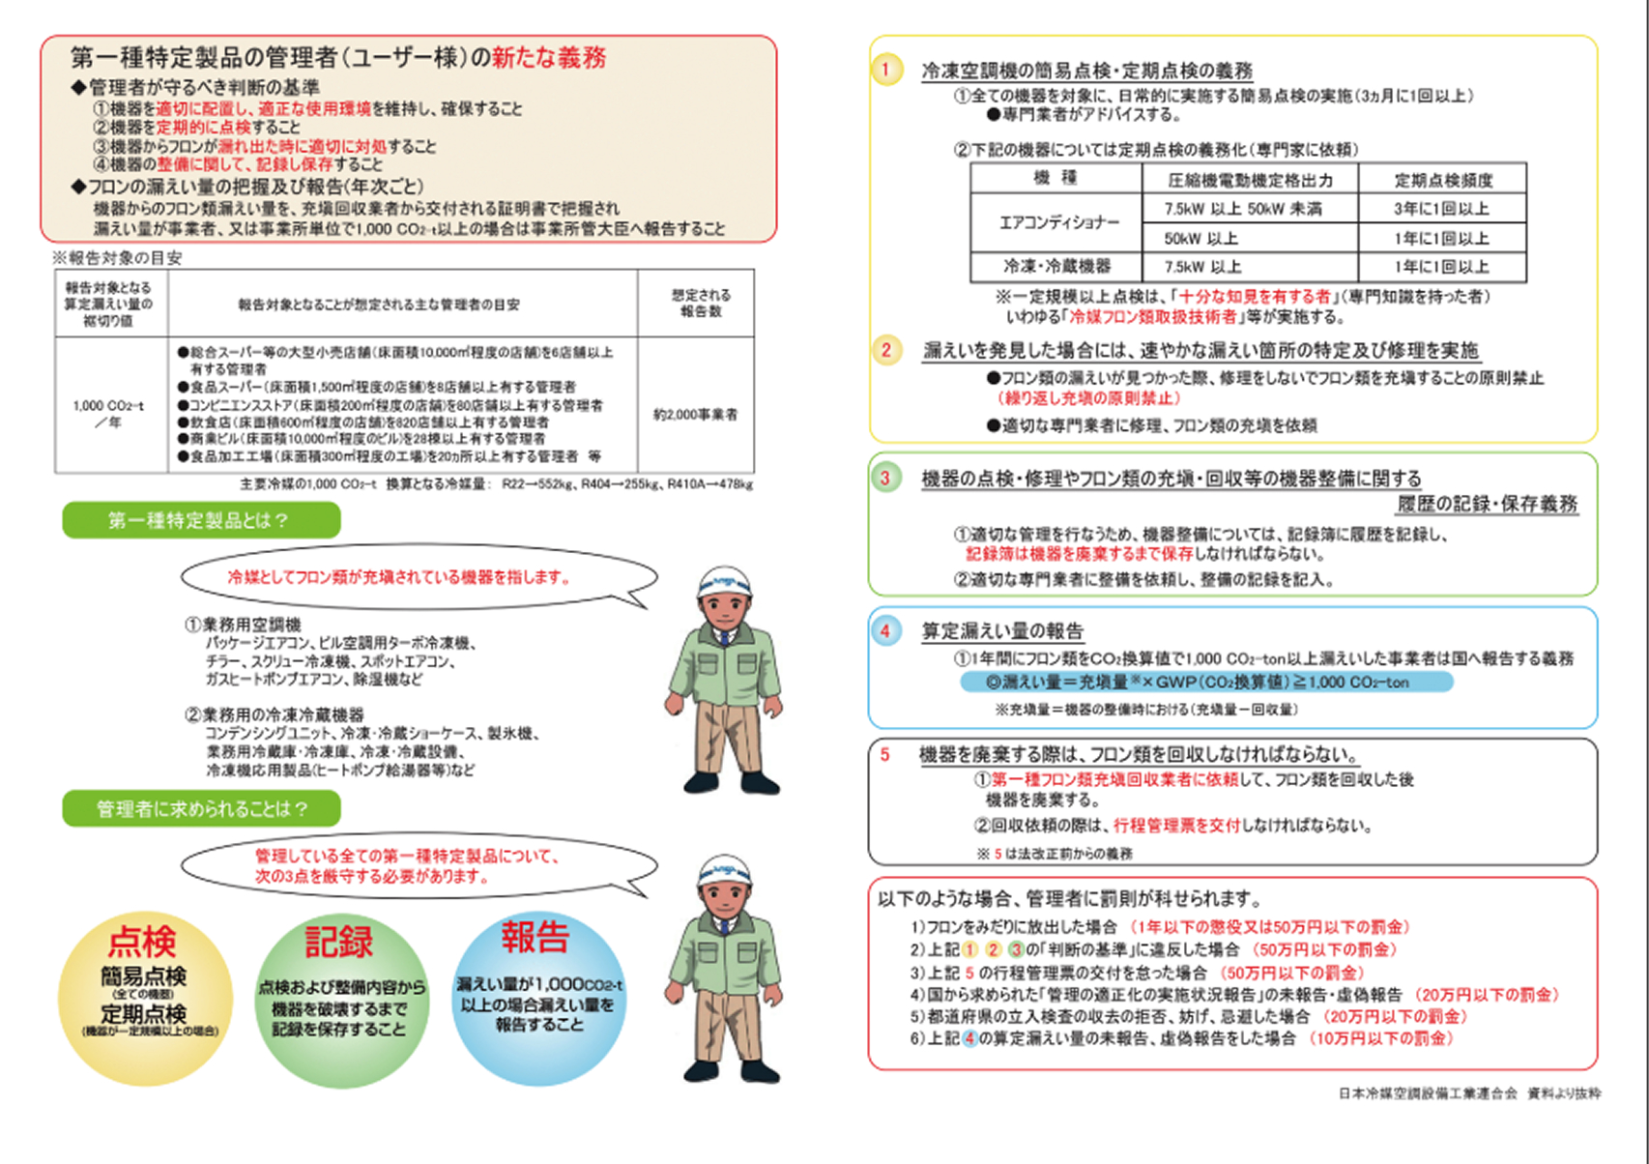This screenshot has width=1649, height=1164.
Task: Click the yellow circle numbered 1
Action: (886, 70)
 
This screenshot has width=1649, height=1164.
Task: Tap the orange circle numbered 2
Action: (886, 350)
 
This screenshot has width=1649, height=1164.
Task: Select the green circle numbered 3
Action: (884, 478)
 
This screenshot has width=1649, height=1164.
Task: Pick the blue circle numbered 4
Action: (884, 631)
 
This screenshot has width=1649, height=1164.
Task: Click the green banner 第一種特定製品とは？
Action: (201, 520)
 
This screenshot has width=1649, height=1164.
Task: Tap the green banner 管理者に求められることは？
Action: (201, 808)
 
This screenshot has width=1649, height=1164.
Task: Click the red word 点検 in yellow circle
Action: (143, 941)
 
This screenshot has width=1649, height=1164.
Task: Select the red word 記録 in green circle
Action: (339, 941)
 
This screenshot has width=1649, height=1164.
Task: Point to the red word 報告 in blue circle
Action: (535, 937)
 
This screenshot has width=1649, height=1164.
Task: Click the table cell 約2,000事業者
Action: (695, 415)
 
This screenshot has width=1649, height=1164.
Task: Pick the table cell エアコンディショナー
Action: (1058, 222)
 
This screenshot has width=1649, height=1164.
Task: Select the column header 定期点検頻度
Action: (1442, 180)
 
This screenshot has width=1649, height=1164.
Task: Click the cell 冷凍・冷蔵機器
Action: (1056, 266)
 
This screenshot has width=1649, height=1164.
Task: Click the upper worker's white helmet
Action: (724, 583)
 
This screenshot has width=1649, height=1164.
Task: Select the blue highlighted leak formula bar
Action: (1205, 682)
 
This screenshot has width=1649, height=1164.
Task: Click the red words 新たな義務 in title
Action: (548, 58)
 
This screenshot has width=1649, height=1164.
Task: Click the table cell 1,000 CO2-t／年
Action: (108, 414)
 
